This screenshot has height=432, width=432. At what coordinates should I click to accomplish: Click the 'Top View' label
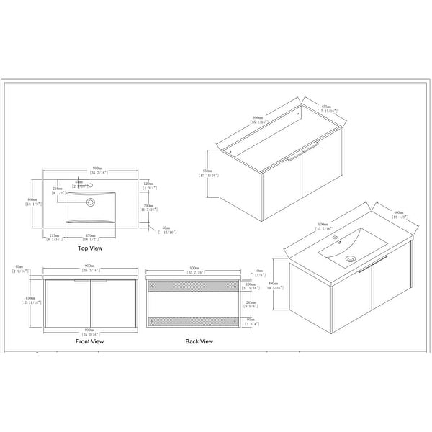point(90,248)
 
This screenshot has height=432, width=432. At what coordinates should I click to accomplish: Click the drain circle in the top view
point(91,203)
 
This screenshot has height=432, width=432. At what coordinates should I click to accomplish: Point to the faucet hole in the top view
point(91,185)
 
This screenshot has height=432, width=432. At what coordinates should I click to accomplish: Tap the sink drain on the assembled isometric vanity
point(350,259)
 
